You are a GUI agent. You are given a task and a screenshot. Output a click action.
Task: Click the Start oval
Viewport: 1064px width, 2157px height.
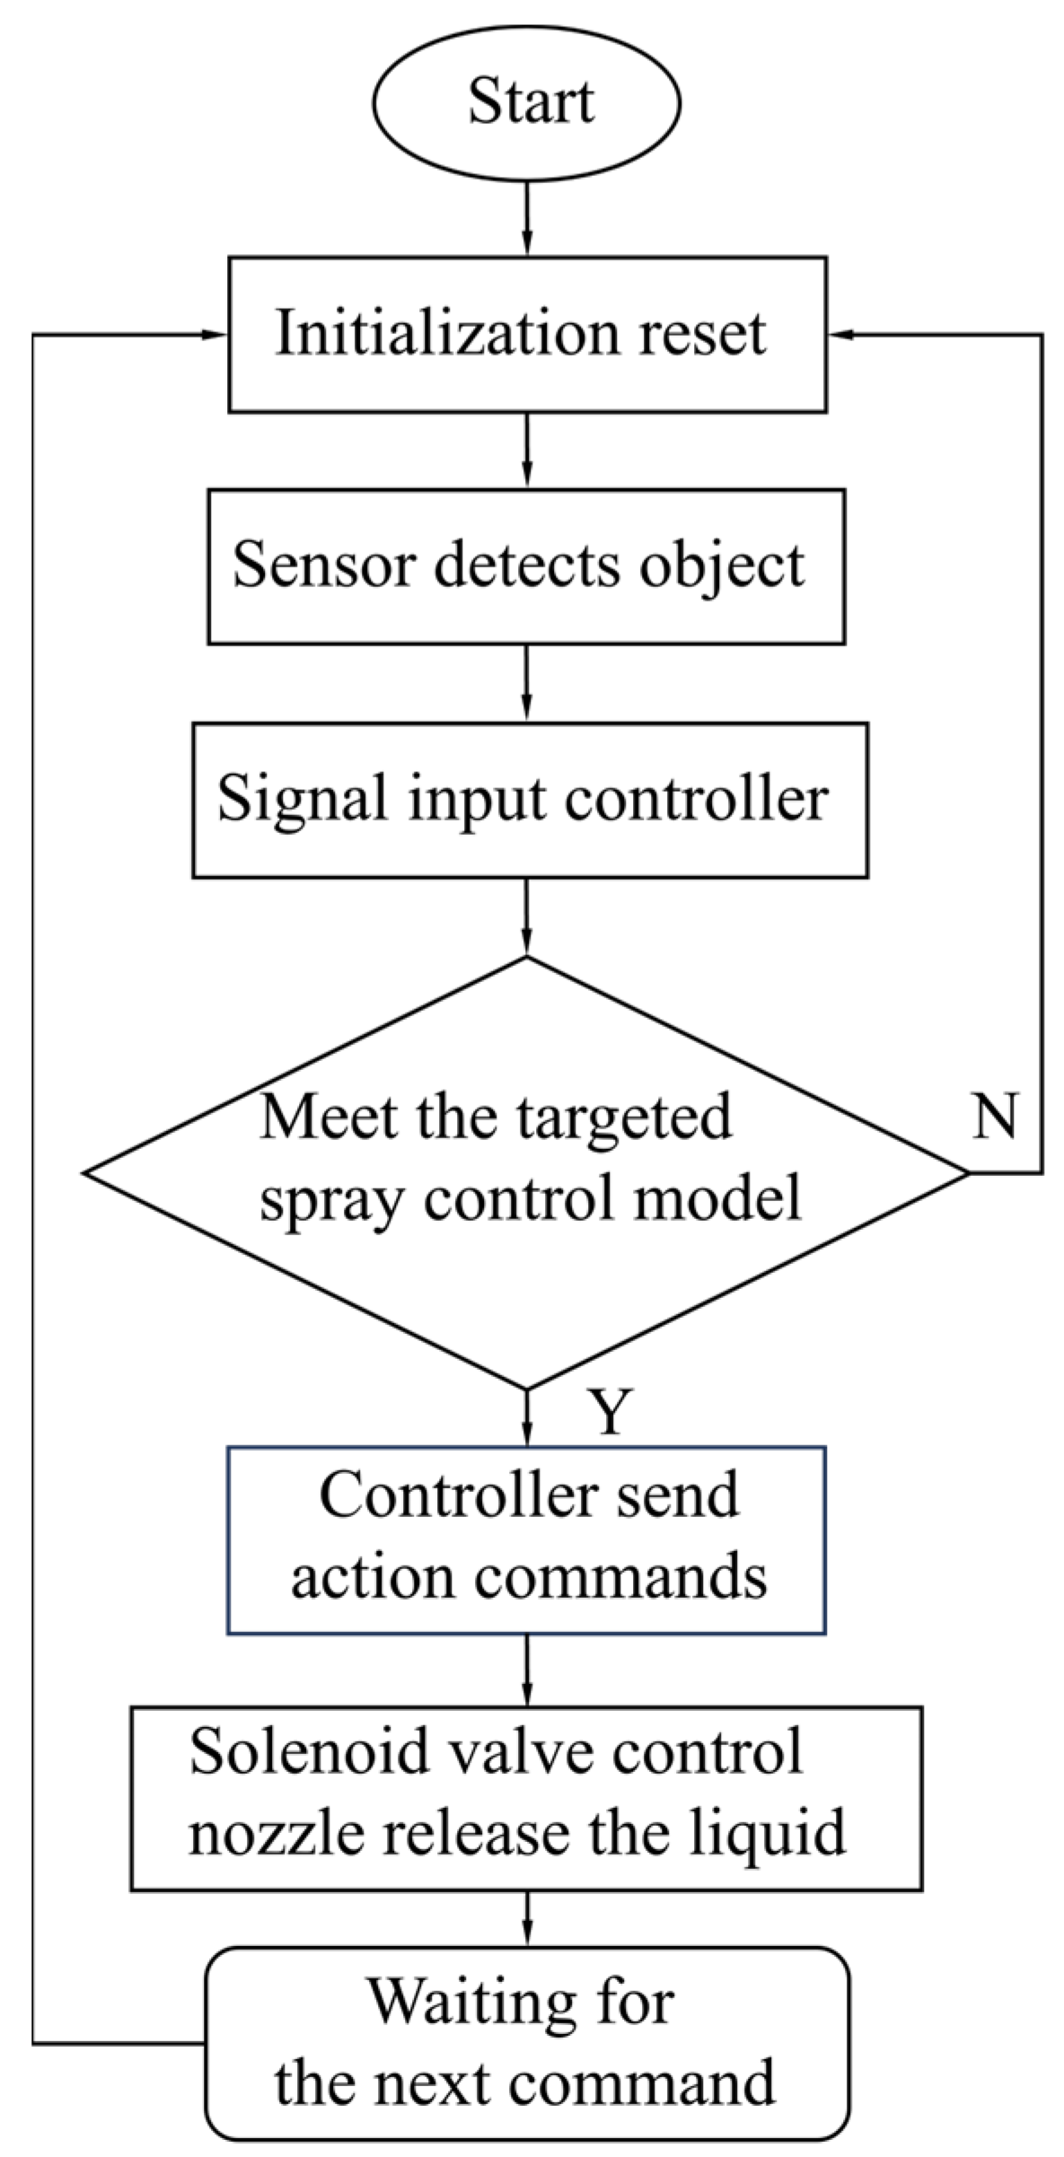coord(527,102)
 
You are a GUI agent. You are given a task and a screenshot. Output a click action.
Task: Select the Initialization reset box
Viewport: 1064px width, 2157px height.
coord(527,334)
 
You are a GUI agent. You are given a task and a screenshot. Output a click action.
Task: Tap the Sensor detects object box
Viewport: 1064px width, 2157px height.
coord(526,566)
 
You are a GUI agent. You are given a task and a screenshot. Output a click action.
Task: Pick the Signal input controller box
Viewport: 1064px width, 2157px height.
coord(530,800)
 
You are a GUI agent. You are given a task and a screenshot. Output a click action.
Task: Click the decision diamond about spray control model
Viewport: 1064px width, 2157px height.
coord(527,1172)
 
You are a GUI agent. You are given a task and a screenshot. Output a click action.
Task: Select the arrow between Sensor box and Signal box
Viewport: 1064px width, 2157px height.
coord(527,682)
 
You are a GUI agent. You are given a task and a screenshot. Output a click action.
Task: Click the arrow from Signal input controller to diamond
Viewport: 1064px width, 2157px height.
coord(527,916)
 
